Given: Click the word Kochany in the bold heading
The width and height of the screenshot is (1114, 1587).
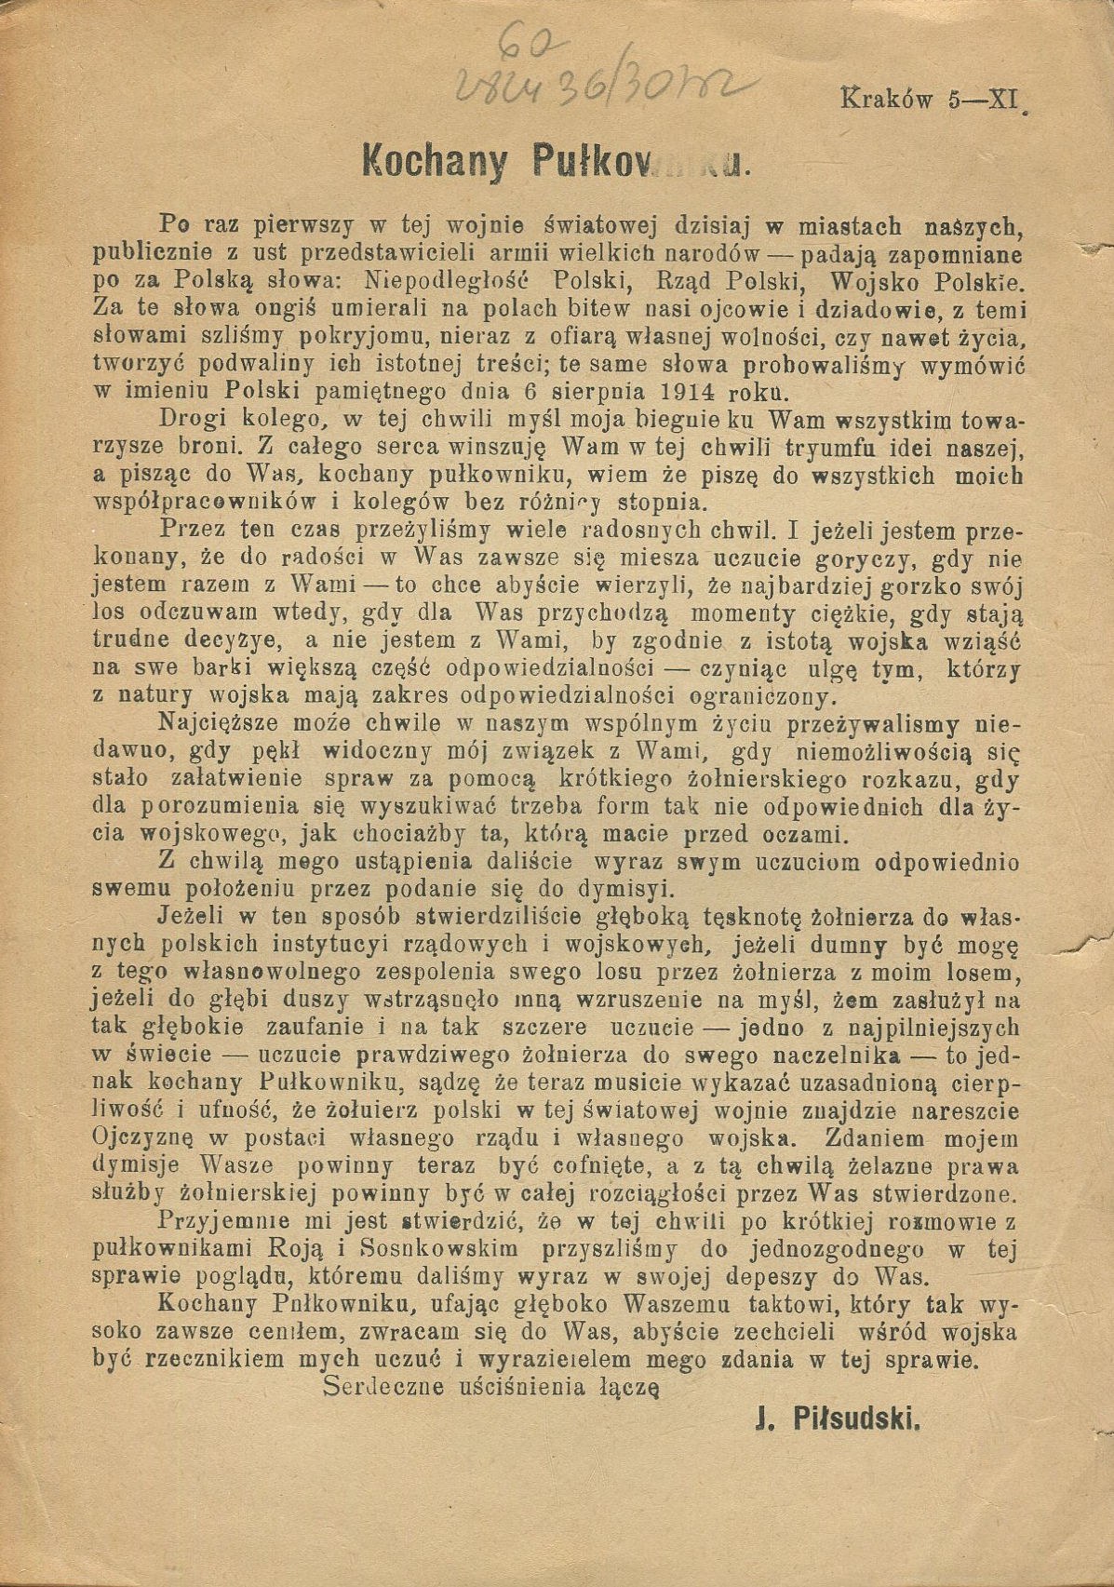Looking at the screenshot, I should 433,164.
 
